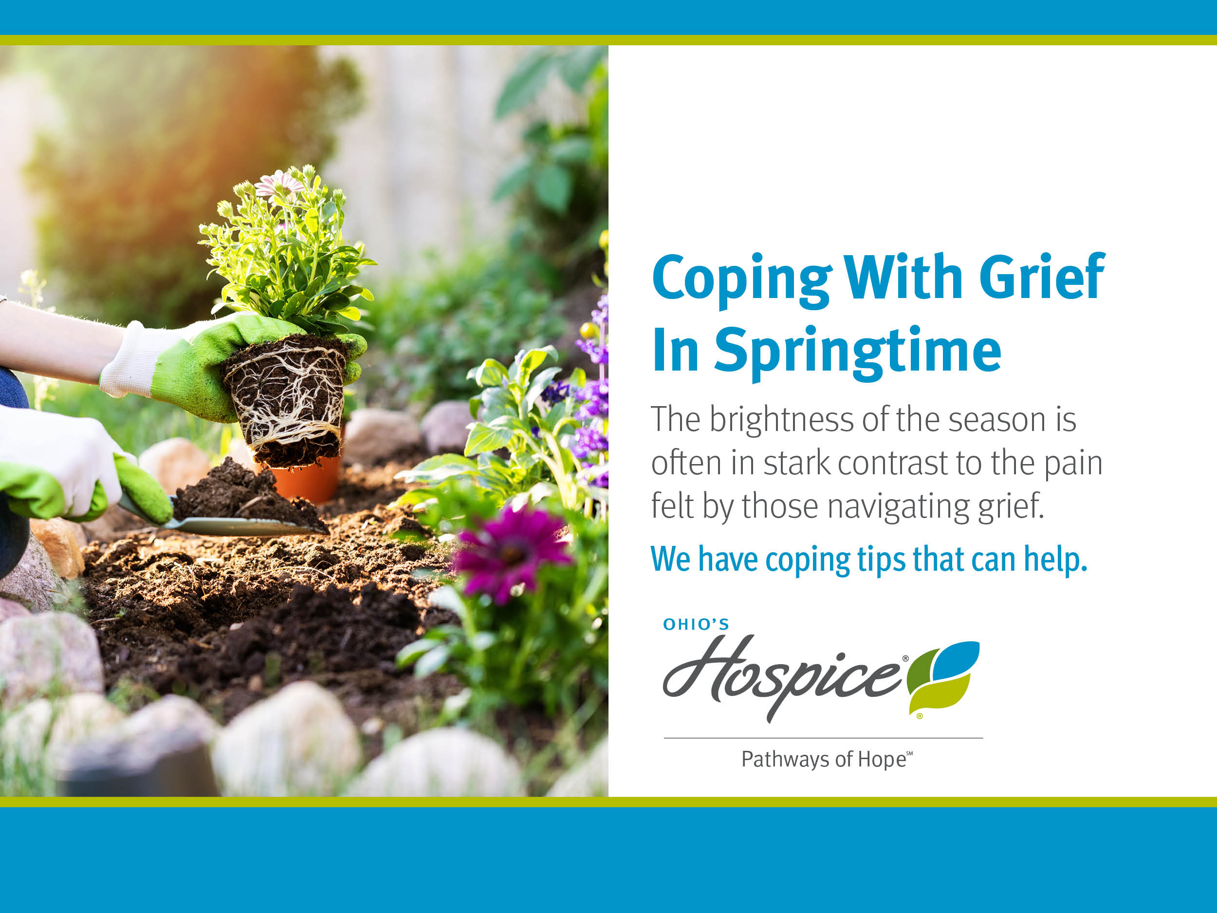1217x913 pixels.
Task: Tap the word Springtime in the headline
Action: (x=858, y=353)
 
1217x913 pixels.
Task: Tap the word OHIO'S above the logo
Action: (x=696, y=624)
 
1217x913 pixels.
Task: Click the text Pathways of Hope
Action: (x=827, y=760)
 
